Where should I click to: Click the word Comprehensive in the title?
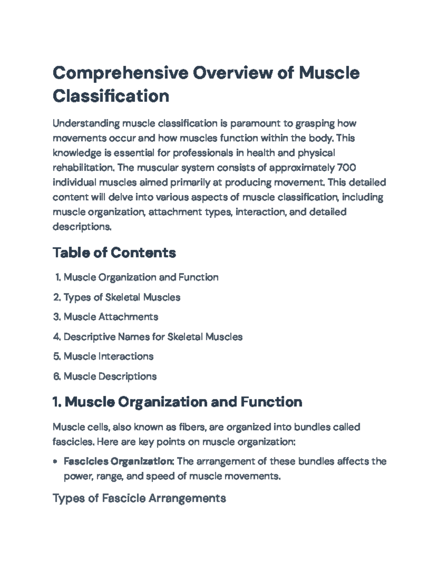[x=120, y=72]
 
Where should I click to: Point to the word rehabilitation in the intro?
[x=83, y=168]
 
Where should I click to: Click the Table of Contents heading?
[x=114, y=253]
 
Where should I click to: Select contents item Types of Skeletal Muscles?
[x=122, y=297]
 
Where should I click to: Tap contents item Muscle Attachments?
[x=111, y=317]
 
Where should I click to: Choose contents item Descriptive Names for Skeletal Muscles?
[x=153, y=337]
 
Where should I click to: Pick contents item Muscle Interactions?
[x=108, y=357]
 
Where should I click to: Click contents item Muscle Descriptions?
[x=110, y=376]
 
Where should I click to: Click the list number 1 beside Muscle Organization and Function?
[x=57, y=277]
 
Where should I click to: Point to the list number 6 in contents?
[x=56, y=376]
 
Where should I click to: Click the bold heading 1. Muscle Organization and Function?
[x=177, y=402]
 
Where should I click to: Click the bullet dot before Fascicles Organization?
[x=55, y=462]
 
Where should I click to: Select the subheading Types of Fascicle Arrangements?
[x=139, y=498]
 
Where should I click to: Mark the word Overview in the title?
[x=232, y=72]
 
